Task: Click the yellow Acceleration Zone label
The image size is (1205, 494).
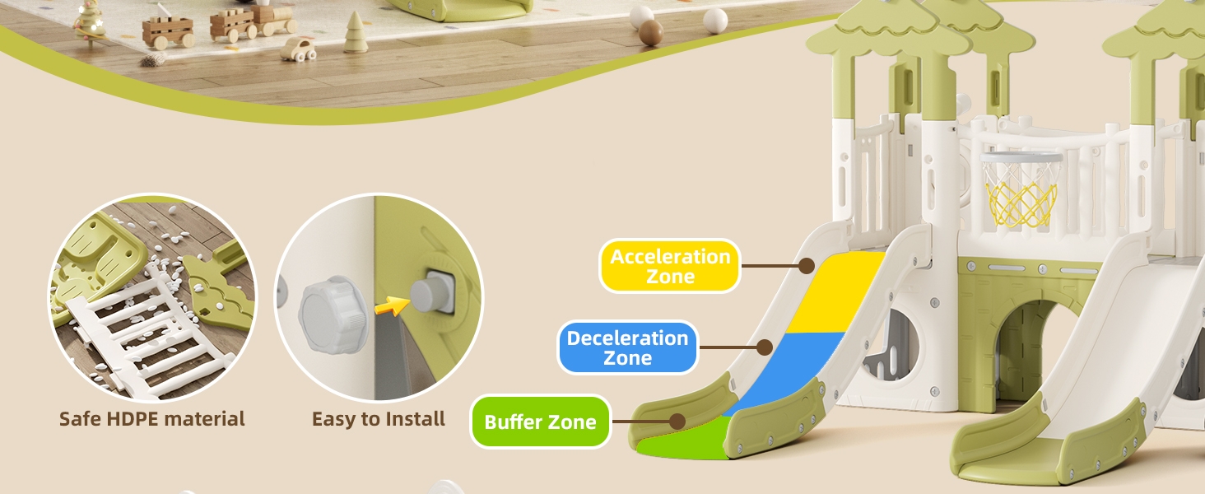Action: click(x=669, y=266)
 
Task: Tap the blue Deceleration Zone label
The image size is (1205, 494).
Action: click(x=627, y=347)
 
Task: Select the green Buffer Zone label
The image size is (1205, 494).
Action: click(x=540, y=422)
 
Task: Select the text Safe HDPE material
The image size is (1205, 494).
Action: click(x=152, y=419)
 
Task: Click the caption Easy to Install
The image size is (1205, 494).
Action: click(x=379, y=419)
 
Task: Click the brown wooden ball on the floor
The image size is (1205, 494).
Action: click(x=651, y=32)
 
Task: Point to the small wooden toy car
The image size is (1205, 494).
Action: click(x=298, y=50)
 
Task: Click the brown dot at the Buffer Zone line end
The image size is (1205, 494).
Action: click(x=677, y=422)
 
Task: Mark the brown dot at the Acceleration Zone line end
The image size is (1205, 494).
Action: click(x=807, y=266)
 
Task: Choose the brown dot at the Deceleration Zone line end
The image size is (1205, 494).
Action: click(x=765, y=347)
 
